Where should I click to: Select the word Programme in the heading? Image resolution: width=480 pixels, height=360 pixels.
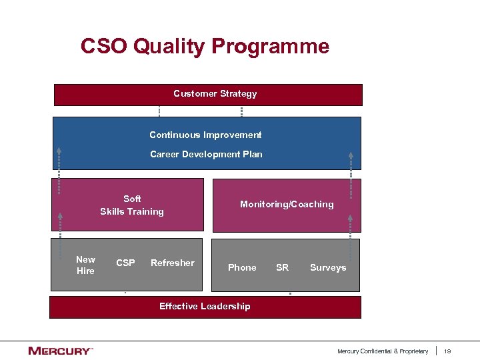[x=270, y=47]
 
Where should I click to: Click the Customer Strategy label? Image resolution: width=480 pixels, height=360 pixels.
[x=215, y=94]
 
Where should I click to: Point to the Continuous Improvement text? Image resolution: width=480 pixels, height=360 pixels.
[x=205, y=135]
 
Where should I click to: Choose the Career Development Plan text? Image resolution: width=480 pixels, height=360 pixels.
[x=206, y=154]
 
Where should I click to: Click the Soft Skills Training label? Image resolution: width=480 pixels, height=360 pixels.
[x=132, y=205]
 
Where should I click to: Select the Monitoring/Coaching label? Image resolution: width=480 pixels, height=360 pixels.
[x=287, y=205]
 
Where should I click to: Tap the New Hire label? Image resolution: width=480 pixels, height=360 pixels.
[x=85, y=265]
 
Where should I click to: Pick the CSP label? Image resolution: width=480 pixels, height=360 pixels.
[x=125, y=263]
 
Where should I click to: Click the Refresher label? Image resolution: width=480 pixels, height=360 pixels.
[x=172, y=263]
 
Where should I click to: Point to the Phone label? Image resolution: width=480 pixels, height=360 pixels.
[x=242, y=267]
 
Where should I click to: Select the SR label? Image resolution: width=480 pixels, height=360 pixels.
[x=282, y=267]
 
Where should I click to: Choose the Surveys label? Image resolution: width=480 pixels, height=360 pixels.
[x=328, y=267]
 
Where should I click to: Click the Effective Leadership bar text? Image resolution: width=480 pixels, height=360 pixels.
[x=205, y=307]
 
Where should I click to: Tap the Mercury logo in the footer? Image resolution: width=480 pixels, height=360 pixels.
[x=60, y=351]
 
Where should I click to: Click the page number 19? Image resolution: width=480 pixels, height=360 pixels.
[x=448, y=351]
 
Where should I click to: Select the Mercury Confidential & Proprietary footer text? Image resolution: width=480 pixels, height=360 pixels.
[x=383, y=351]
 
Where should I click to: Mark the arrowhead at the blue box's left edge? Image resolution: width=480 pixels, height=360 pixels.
[x=59, y=151]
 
